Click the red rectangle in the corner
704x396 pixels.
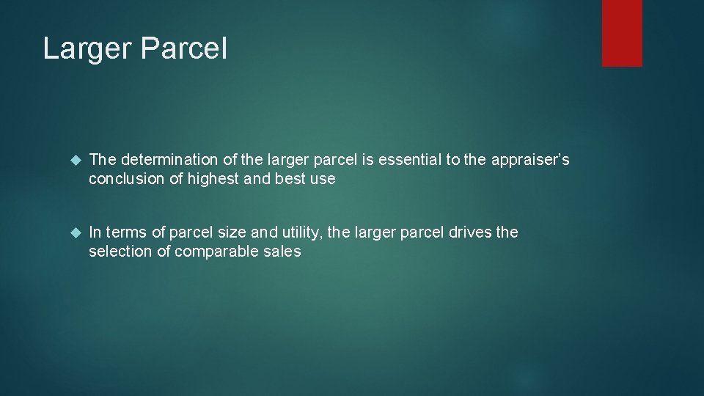coord(622,33)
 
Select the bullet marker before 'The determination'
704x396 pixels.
coord(73,160)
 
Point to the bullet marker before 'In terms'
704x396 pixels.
coord(73,233)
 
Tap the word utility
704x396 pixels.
coord(300,232)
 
